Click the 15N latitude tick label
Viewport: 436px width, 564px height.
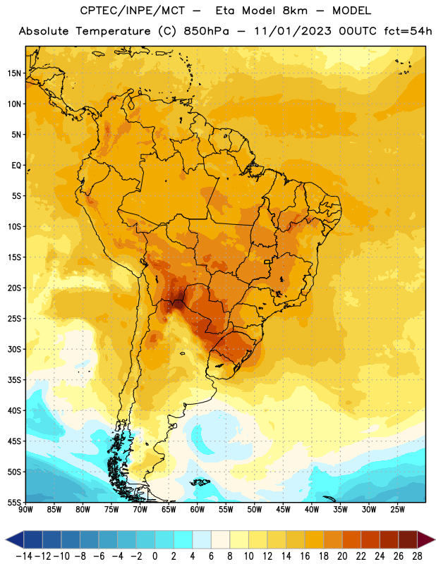point(14,73)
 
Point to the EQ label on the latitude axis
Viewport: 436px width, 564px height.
point(16,166)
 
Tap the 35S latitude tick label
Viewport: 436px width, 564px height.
point(14,380)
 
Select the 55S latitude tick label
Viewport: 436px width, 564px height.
point(14,502)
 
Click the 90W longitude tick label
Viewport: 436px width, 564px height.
point(25,510)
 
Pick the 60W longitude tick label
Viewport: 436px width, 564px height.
point(198,510)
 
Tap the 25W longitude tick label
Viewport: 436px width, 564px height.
point(397,510)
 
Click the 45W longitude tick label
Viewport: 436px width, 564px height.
point(283,510)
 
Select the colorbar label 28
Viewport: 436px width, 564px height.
point(417,556)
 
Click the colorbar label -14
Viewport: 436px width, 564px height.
point(24,556)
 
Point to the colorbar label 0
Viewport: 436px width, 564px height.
point(155,556)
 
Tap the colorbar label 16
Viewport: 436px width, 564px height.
point(305,556)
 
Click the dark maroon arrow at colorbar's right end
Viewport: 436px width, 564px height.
point(426,539)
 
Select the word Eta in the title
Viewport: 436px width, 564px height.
point(225,11)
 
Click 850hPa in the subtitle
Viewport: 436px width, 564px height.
point(206,31)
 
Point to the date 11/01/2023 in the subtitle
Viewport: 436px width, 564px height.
point(293,31)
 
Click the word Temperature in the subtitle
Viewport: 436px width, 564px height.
point(113,31)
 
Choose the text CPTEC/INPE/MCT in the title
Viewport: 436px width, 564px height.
point(133,11)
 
